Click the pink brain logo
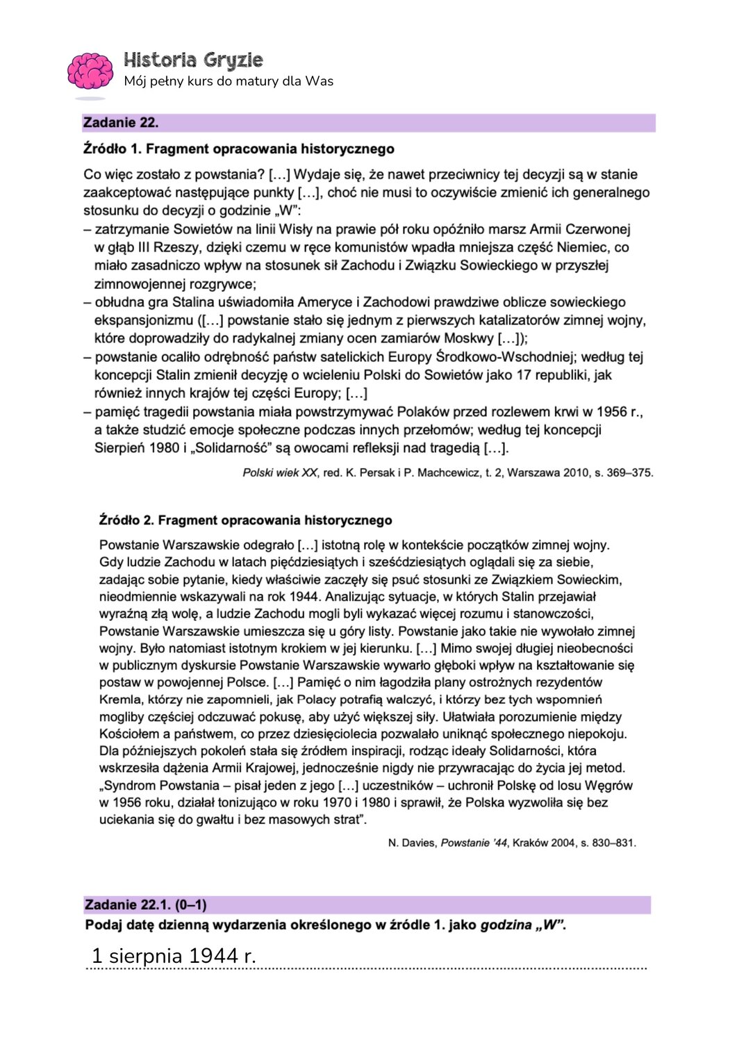(x=90, y=71)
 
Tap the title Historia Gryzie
(x=193, y=60)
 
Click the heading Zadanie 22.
(x=121, y=123)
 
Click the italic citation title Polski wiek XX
(x=280, y=473)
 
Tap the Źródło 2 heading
(x=245, y=520)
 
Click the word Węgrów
(x=608, y=786)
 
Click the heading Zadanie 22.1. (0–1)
(x=146, y=905)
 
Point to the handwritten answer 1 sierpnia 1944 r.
(x=174, y=956)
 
